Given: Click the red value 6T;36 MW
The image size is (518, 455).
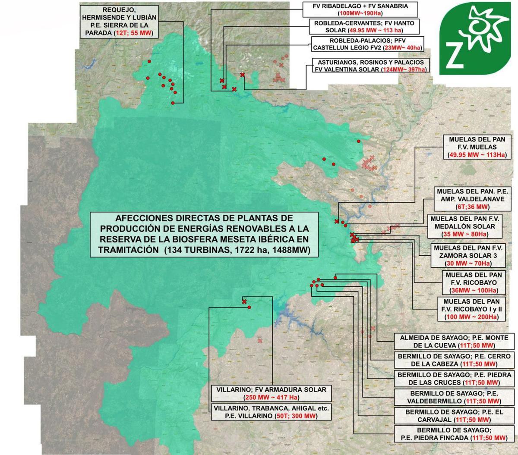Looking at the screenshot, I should coord(473,206).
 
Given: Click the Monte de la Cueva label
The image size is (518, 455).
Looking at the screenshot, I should coord(451,341).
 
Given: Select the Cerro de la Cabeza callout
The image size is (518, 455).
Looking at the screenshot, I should coord(453,360).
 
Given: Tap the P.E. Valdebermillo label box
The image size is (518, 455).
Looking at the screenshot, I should coord(453,397).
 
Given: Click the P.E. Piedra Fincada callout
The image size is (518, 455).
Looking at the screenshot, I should coord(453,434).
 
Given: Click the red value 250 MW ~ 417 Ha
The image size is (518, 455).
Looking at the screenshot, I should coord(272,397).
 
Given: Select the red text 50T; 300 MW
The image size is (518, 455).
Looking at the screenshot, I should coord(295,416).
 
